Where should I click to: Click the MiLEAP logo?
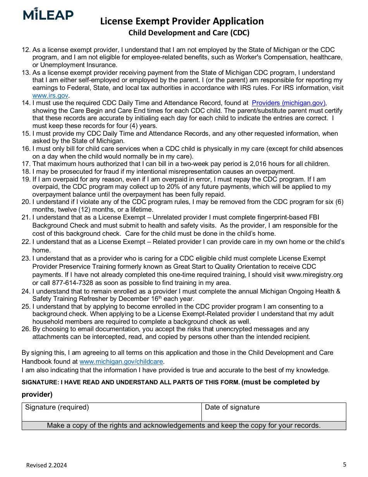pyautogui.click(x=48, y=14)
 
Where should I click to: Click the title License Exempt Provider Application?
pyautogui.click(x=182, y=21)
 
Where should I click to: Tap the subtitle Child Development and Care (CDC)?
pyautogui.click(x=189, y=33)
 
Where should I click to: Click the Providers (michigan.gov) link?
pyautogui.click(x=289, y=103)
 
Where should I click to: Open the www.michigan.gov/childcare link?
pyautogui.click(x=122, y=361)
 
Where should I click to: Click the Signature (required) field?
pyautogui.click(x=112, y=412)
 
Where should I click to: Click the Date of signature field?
pyautogui.click(x=273, y=412)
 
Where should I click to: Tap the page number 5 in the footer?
pyautogui.click(x=344, y=464)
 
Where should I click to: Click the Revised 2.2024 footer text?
pyautogui.click(x=46, y=465)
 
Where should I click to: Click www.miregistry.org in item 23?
pyautogui.click(x=315, y=275)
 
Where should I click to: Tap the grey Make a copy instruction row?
pyautogui.click(x=184, y=425)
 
